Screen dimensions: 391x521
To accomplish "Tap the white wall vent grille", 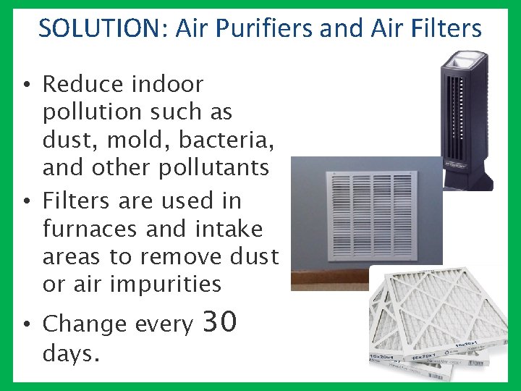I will click(370, 216).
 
